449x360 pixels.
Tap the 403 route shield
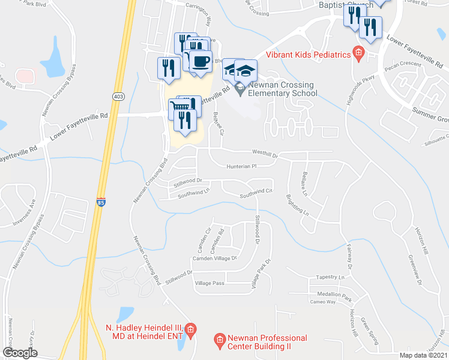(x=118, y=95)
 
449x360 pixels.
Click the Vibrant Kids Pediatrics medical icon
(x=358, y=55)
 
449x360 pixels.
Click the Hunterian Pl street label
(x=241, y=166)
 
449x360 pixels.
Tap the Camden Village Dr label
(x=214, y=258)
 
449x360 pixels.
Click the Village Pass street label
(x=209, y=283)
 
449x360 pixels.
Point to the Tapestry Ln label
(x=331, y=278)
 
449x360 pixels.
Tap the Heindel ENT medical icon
(x=190, y=329)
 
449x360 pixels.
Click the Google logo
(x=20, y=352)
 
